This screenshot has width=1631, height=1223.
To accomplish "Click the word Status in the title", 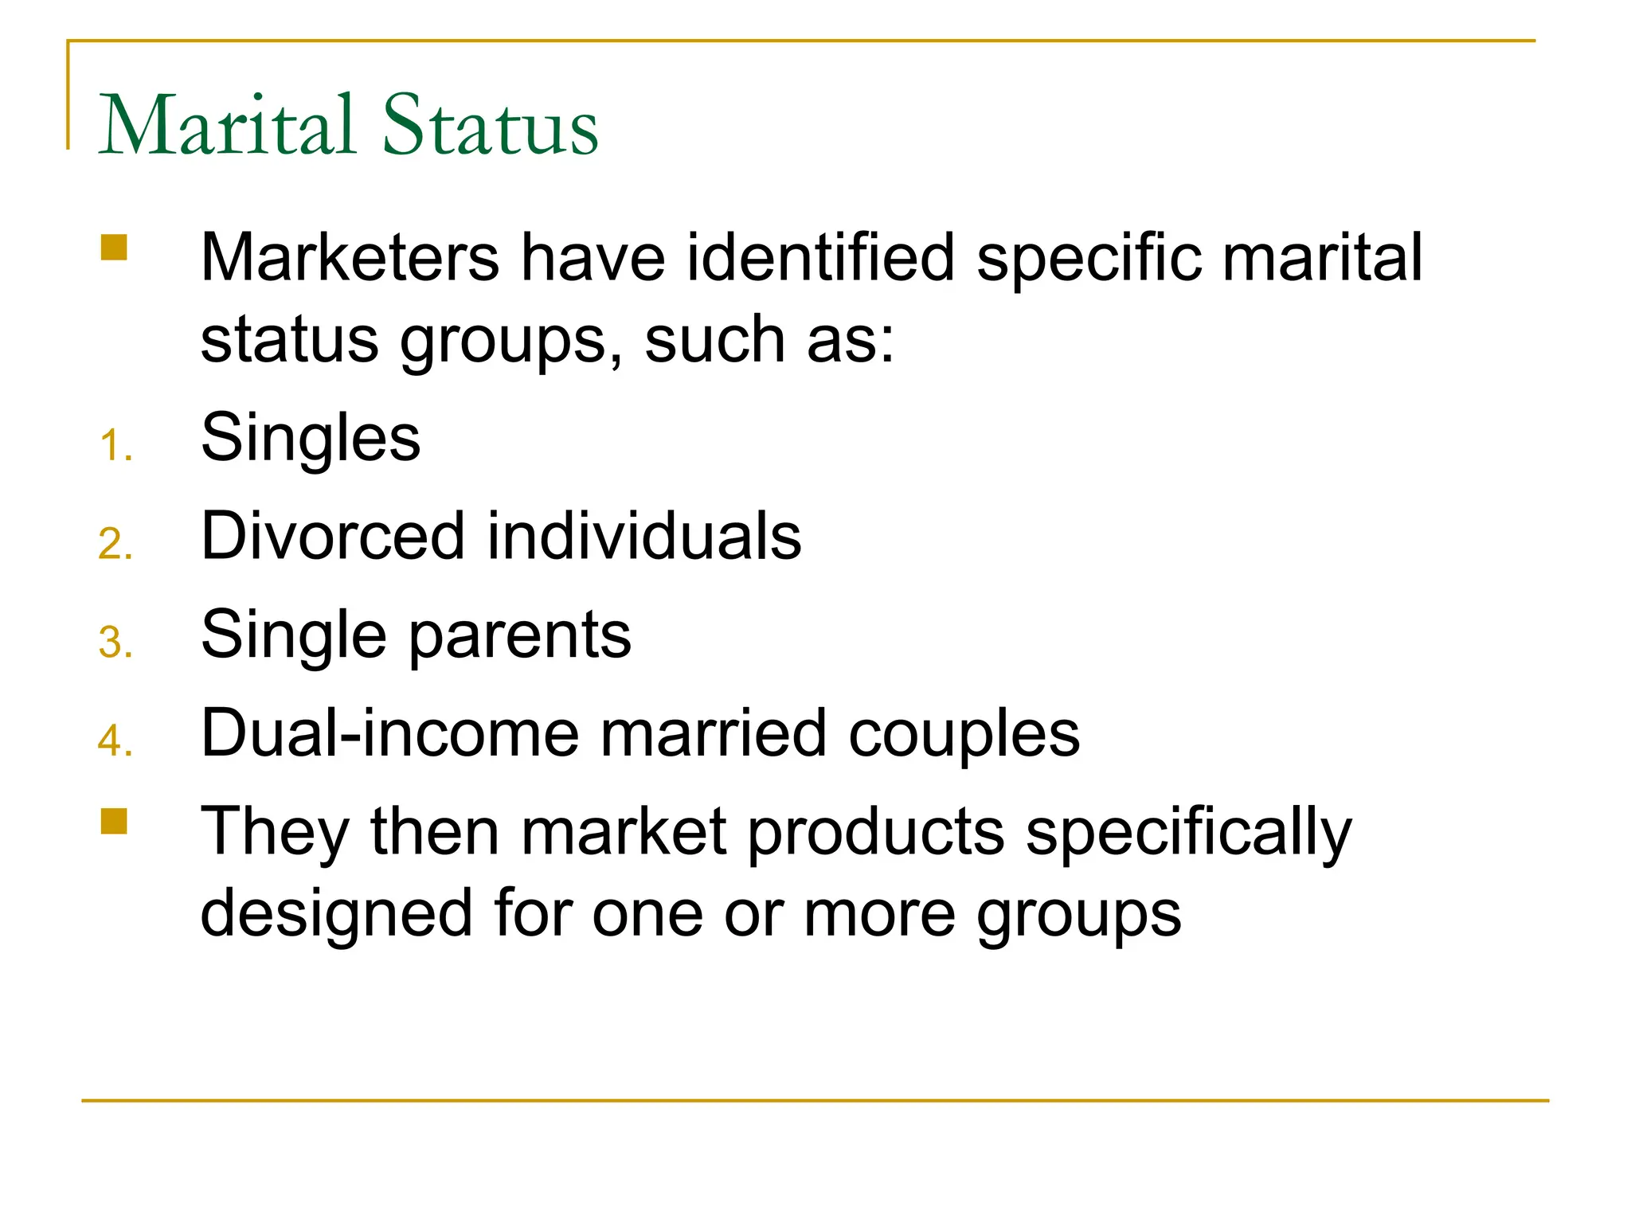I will coord(490,125).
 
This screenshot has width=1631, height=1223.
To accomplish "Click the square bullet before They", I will coord(114,821).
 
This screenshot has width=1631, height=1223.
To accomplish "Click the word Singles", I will coord(311,438).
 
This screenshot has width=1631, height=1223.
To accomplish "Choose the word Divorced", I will coord(333,536).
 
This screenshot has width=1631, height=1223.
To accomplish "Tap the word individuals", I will coord(643,536).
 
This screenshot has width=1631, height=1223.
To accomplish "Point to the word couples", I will coord(964,733).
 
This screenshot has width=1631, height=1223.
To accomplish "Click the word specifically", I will coord(1188,833).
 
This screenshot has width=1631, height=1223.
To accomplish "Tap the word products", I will coord(876,833).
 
